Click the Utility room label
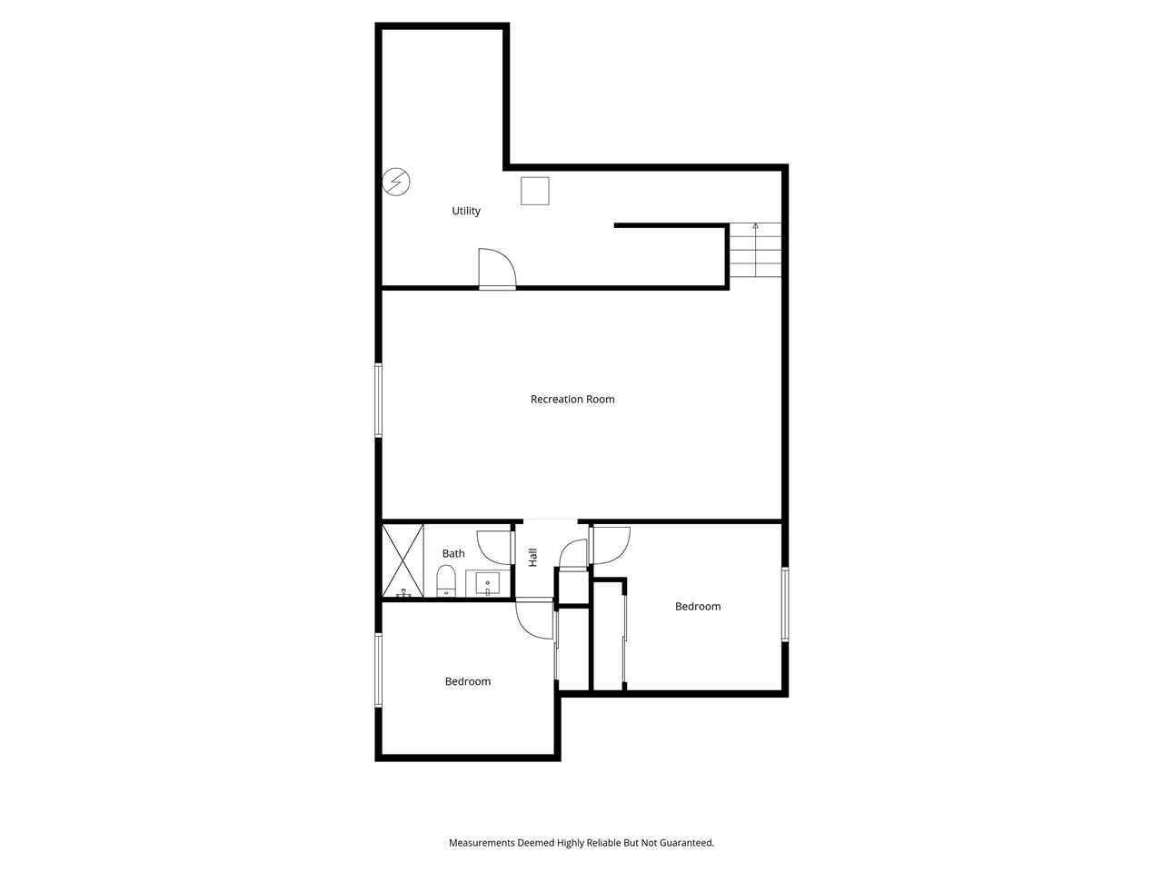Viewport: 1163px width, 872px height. (x=466, y=211)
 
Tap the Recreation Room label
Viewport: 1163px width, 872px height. (x=572, y=399)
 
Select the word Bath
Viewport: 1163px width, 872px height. (x=453, y=553)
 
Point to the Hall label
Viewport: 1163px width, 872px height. (x=533, y=556)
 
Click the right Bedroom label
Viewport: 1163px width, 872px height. (x=698, y=606)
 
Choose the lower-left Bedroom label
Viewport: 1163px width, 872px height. (x=468, y=681)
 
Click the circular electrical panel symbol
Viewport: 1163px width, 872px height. (x=396, y=182)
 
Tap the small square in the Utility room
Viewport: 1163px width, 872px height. (x=535, y=191)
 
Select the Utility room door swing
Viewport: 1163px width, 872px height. (x=496, y=268)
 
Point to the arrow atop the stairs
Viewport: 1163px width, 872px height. (x=755, y=226)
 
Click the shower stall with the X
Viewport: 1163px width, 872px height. (x=403, y=560)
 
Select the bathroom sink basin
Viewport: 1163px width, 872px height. (x=488, y=582)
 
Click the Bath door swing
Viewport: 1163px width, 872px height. (x=496, y=546)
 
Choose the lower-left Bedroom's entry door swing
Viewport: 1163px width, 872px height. (x=535, y=620)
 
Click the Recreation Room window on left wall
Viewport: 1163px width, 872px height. (x=379, y=400)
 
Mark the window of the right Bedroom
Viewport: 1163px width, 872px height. (x=785, y=604)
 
